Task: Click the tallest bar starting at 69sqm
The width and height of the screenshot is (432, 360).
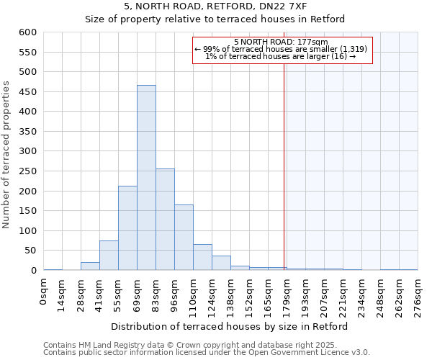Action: [x=146, y=178]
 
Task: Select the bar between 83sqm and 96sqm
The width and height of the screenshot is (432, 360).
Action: [x=165, y=220]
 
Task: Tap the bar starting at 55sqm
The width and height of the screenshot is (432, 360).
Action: [x=127, y=228]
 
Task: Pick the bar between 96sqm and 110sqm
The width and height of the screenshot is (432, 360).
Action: [x=184, y=238]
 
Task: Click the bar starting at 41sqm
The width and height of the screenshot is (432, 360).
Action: [x=109, y=256]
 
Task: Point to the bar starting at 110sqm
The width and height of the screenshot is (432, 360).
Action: [x=202, y=257]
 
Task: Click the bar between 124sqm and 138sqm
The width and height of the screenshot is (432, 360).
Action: [x=221, y=263]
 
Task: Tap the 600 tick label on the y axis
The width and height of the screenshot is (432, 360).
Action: [x=27, y=32]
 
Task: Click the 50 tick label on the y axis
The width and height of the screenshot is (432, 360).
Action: [x=30, y=251]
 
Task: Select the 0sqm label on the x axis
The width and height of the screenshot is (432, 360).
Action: [x=44, y=292]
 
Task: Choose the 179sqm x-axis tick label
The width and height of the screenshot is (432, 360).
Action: [x=287, y=296]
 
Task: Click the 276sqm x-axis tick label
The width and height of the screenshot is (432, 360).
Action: [x=418, y=296]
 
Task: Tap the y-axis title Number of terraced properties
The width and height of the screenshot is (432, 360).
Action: [x=7, y=155]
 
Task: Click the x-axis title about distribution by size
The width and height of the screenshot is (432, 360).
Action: [x=230, y=326]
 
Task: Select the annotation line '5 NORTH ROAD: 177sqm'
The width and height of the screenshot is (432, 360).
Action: [x=281, y=42]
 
